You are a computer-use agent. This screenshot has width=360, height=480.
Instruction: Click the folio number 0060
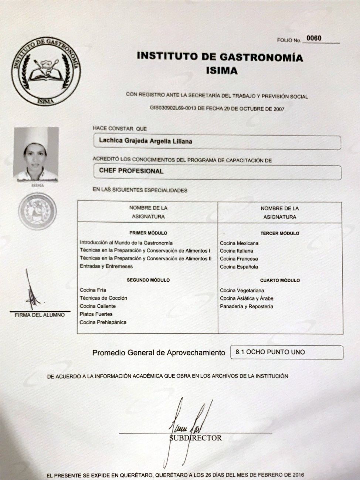coord(314,38)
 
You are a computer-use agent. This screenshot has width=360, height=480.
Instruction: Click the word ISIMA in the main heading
coord(222,70)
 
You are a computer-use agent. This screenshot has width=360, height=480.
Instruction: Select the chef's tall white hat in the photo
coord(36,135)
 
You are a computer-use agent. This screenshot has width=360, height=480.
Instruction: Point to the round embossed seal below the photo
coord(37,211)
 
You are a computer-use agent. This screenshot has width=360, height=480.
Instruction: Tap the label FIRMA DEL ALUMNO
coord(40,315)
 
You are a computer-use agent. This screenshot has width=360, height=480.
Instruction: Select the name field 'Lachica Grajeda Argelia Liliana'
coord(146,141)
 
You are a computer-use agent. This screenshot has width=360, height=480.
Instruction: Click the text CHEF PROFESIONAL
coord(131,171)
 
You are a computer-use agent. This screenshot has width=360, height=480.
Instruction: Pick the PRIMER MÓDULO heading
coord(148,233)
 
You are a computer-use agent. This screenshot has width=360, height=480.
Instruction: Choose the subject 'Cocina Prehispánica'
coord(103,322)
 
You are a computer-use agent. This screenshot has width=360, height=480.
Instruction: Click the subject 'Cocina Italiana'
coord(237,251)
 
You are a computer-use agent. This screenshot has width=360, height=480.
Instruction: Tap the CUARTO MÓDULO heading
coord(280,280)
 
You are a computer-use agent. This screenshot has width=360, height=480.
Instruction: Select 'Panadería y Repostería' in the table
coord(247,306)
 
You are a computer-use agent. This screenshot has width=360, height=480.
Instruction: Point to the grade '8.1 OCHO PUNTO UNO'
coord(270,352)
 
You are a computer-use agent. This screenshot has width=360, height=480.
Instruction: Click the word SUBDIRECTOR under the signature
coord(196,438)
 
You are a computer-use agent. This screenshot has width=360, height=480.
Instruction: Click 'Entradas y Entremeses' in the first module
coord(106,266)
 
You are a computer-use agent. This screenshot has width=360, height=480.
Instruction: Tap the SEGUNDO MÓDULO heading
coord(148,280)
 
